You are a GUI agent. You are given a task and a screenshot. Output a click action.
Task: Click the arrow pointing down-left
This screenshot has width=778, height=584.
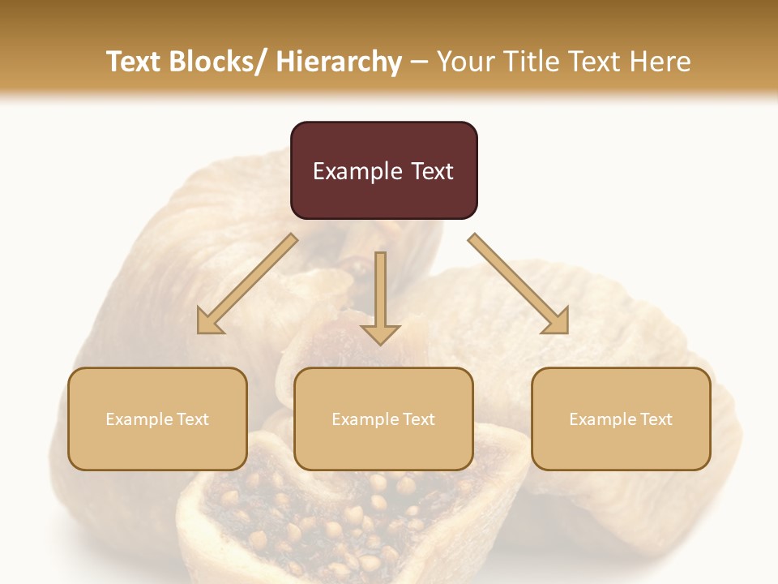point(247,284)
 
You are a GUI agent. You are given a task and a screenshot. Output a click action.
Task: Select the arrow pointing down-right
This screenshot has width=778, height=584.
point(519,284)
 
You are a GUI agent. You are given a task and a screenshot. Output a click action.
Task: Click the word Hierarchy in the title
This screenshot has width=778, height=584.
point(339,62)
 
